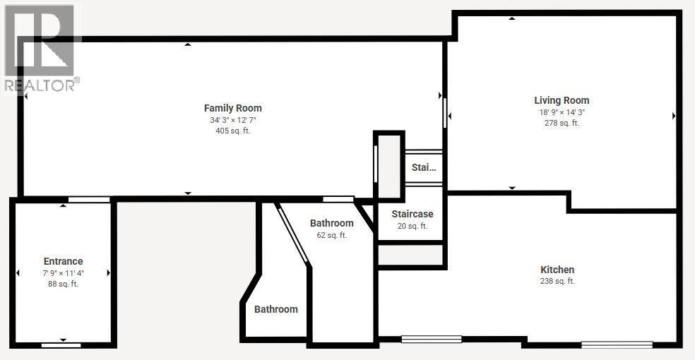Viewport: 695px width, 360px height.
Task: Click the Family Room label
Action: [233, 108]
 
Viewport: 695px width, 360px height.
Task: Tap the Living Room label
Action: [562, 100]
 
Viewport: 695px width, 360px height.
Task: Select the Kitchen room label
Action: [557, 270]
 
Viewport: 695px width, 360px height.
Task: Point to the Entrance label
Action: [64, 261]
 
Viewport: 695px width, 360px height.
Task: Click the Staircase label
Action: [412, 214]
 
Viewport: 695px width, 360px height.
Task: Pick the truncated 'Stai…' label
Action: [424, 168]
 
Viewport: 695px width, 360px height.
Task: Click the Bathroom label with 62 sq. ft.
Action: [331, 223]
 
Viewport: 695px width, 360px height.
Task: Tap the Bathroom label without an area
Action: [276, 309]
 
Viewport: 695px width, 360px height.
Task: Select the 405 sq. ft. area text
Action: [233, 131]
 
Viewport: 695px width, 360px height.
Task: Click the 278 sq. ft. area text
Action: [562, 123]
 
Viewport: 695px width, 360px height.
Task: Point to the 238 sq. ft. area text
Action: [557, 281]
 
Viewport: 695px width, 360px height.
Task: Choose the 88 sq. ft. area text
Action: [64, 284]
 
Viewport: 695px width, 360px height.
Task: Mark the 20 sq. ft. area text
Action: [412, 226]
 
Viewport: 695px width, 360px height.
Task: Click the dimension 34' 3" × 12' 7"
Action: [233, 120]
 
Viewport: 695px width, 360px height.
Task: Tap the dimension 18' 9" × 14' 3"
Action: [562, 112]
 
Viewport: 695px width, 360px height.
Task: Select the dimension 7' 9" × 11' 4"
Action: [64, 272]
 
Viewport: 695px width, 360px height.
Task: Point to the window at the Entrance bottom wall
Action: [61, 345]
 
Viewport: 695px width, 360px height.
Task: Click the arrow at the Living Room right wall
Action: [674, 116]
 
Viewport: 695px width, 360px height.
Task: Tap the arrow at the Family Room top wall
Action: [188, 45]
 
